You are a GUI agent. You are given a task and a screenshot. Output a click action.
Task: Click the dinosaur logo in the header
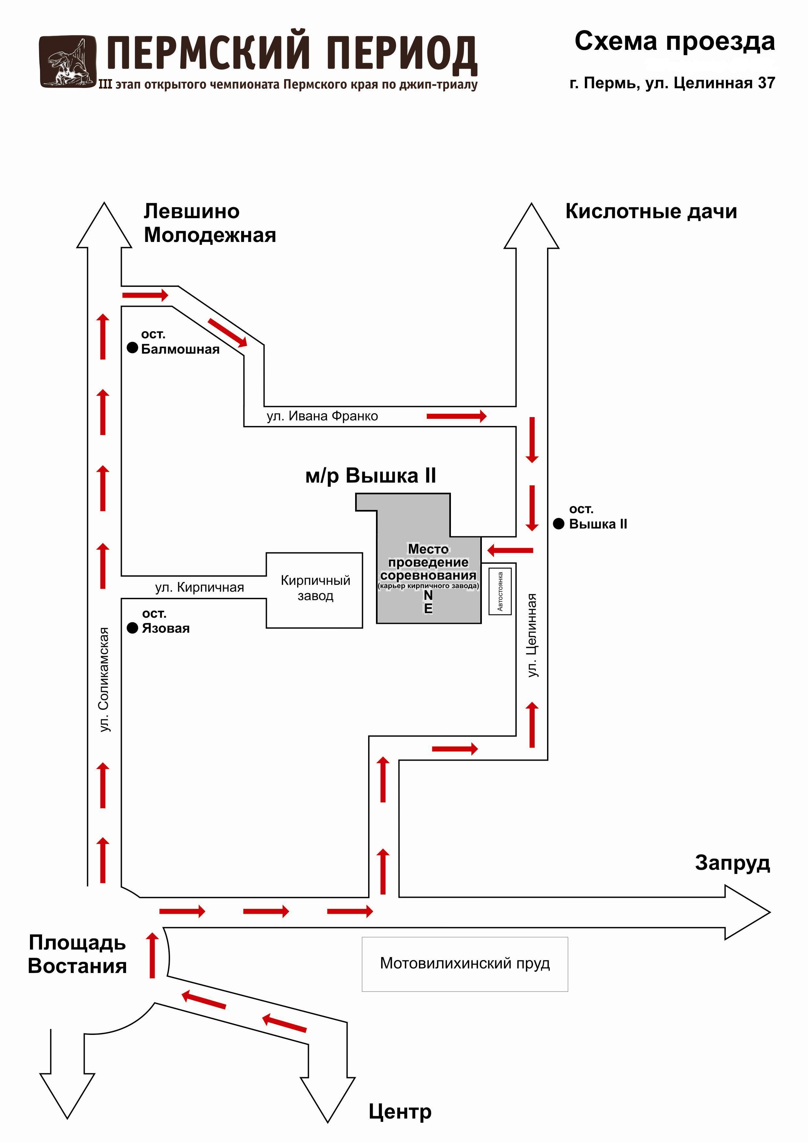pos(68,62)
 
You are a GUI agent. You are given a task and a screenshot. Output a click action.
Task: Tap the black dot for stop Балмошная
pos(132,348)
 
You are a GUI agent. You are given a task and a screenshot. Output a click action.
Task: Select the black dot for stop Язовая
pos(132,628)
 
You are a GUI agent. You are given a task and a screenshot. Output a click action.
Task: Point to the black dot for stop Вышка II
pos(559,523)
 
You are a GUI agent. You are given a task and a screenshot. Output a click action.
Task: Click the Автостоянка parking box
pos(500,591)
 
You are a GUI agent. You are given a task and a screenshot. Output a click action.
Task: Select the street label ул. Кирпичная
pos(199,587)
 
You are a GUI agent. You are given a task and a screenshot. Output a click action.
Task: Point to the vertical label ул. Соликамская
pos(104,679)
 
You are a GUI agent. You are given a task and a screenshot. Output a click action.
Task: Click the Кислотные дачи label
pos(651,211)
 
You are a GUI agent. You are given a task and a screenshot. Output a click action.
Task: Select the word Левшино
pos(192,211)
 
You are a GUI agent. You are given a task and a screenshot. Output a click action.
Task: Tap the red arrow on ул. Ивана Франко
pos(456,416)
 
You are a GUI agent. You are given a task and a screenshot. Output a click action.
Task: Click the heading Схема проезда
pos(675,41)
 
